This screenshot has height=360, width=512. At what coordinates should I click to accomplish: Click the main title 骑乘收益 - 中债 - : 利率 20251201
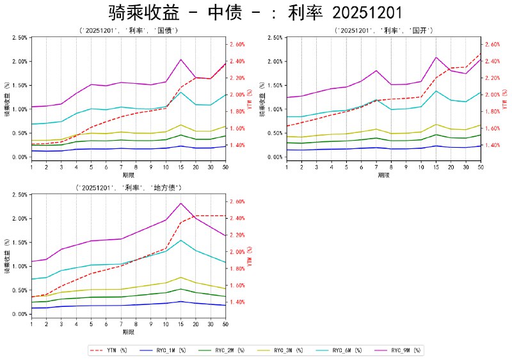point(256,13)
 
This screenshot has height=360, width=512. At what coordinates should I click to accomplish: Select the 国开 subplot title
point(384,30)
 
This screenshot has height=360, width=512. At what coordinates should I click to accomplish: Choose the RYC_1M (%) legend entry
point(164,350)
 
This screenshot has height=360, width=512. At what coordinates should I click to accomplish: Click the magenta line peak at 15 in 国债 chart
point(181,59)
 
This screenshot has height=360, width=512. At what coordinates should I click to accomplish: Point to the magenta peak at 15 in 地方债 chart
point(181,203)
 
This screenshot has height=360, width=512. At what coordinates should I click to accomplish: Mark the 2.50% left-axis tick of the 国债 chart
point(20,38)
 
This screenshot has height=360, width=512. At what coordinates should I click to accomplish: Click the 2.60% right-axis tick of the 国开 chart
point(495,45)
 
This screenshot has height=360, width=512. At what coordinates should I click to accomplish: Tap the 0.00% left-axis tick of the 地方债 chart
point(20,314)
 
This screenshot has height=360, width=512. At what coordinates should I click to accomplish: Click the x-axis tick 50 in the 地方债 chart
point(225,324)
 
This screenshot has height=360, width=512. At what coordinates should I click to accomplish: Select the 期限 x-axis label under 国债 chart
point(128,175)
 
